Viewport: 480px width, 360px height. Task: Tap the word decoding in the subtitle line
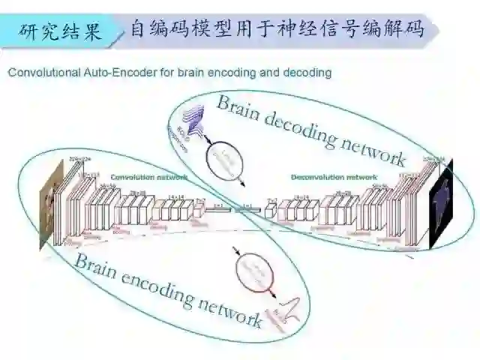coord(305,73)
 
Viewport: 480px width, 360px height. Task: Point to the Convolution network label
coord(142,177)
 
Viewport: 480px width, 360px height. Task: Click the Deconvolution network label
coord(334,177)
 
